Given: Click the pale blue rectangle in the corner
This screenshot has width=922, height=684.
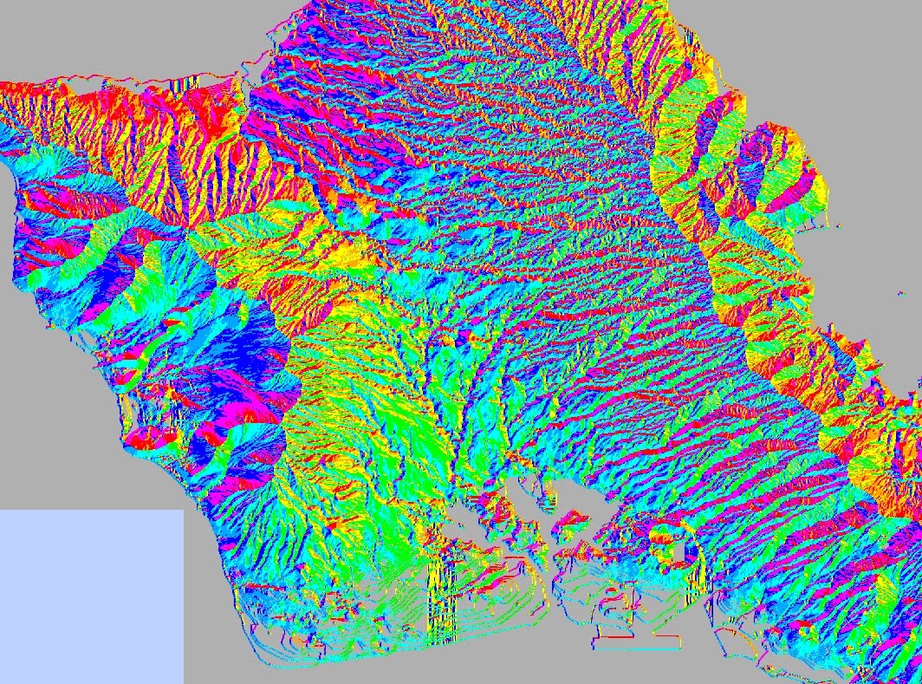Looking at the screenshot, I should point(91,596).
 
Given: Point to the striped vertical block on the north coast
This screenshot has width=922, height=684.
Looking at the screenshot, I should point(192,87).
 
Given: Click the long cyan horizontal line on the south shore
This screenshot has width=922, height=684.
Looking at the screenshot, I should point(637,648).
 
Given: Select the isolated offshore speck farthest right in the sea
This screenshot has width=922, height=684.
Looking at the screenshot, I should point(896,294).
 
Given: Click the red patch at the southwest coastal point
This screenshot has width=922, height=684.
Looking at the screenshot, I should point(147,438).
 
